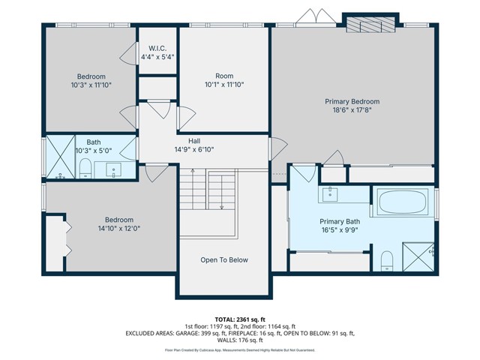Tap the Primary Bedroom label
[352, 101]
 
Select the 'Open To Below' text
[224, 260]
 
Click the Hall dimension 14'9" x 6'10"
[193, 149]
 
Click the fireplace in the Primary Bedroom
[369, 24]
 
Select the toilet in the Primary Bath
[386, 259]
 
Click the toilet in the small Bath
[85, 168]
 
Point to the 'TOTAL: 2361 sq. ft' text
[240, 319]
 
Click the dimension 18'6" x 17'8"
[352, 110]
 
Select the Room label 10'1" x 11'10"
[224, 80]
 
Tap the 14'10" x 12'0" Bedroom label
[118, 223]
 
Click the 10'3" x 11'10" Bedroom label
[91, 80]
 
